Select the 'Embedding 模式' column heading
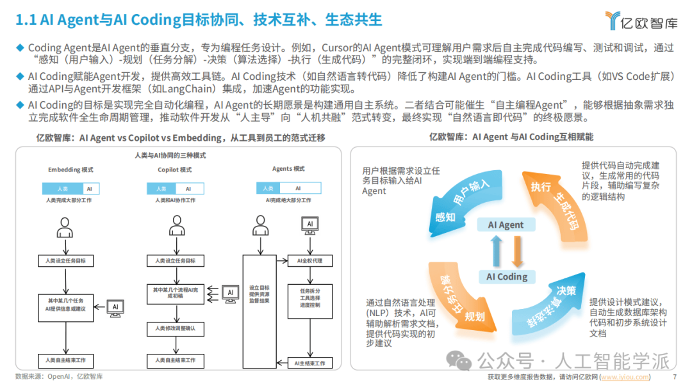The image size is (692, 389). pos(71,170)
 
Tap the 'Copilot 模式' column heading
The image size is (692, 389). pos(175,170)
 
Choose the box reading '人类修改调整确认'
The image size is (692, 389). pos(176,328)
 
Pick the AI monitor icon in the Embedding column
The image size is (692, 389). pos(115,307)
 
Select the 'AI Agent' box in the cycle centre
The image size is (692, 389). pos(506,225)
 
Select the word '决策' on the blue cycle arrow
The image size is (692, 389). pos(566,291)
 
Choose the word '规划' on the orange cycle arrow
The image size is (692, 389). pos(474,316)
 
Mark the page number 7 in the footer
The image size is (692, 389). pos(675,377)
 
